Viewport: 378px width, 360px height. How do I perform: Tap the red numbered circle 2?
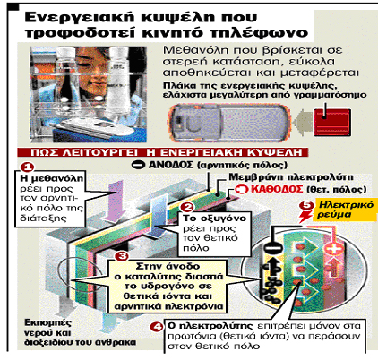[188, 208]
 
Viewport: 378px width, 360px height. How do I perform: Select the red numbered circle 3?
[122, 256]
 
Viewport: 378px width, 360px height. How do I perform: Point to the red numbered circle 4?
[157, 327]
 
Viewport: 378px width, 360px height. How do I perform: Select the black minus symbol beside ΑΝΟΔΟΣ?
[139, 165]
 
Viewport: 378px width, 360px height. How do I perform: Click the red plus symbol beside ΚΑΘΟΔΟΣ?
[241, 189]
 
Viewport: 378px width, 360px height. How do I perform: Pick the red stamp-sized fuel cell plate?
[332, 122]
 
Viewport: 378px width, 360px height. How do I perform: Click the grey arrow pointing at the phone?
[302, 122]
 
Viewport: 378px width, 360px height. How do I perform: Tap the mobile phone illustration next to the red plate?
[229, 123]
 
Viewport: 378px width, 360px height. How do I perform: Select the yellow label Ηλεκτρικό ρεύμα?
[345, 210]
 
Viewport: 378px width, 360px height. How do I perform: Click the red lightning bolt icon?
[305, 216]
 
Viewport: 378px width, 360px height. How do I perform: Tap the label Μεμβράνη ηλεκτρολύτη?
[291, 177]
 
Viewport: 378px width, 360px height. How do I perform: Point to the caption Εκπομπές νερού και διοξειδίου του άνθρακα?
[80, 332]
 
